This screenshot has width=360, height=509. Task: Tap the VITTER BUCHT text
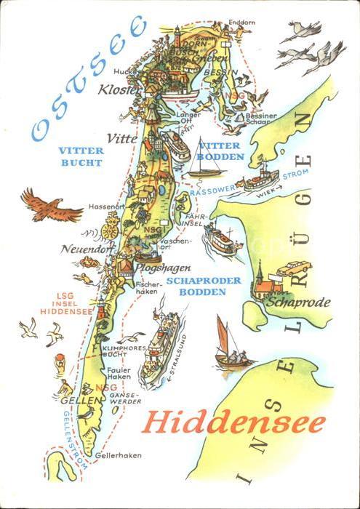[x=81, y=157]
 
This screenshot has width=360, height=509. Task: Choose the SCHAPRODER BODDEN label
[x=196, y=286]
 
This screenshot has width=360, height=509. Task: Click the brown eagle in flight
[x=50, y=206]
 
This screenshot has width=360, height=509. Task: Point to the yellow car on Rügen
[x=293, y=268]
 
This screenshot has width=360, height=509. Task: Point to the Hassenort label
[x=103, y=207]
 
